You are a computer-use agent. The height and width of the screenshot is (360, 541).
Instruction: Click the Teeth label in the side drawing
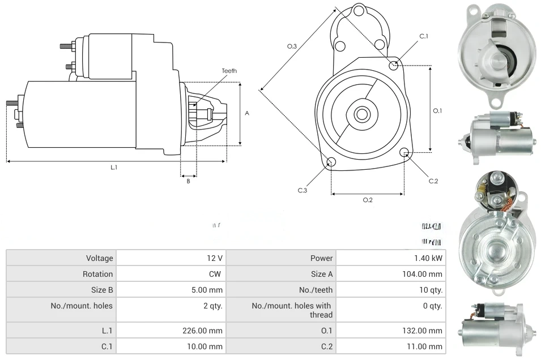pos(229,71)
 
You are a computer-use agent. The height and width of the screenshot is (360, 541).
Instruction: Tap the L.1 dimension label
pos(114,167)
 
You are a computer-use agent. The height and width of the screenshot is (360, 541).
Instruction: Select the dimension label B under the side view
pos(188,181)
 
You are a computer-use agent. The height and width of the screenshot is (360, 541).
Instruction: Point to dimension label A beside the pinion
pos(247,113)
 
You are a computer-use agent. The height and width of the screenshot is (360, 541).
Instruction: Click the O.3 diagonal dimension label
pos(292,46)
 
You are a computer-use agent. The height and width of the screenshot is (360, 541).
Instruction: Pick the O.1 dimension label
pos(437,111)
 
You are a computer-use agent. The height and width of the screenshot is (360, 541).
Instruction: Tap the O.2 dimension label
pos(368,200)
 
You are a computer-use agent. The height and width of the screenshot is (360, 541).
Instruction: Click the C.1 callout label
pos(424,36)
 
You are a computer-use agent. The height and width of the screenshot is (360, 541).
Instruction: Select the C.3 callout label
pos(303,191)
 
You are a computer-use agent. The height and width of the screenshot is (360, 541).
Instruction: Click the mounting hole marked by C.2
pos(404,153)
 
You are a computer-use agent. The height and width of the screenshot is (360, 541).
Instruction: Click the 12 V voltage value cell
pos(215,258)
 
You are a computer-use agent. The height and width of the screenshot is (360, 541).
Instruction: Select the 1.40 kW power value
pos(428,258)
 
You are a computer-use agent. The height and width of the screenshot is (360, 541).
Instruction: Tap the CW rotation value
pos(216,274)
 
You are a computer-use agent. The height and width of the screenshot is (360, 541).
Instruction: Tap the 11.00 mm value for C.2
pos(427,346)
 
